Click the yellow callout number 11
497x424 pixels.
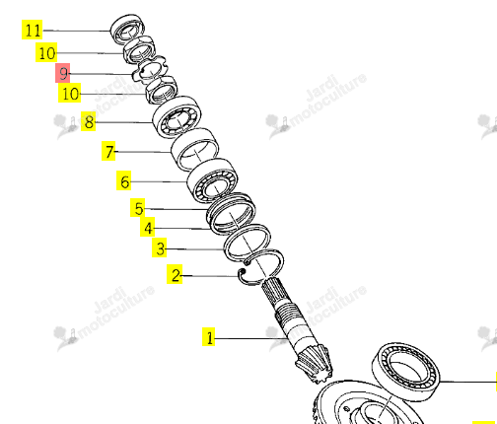[33, 30]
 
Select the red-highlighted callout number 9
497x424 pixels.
[63, 73]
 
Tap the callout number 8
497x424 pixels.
[89, 121]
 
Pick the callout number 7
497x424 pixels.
[108, 151]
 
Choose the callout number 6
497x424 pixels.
[124, 180]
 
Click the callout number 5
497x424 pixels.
[138, 208]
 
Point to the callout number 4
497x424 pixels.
[148, 227]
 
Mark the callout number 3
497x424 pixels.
[160, 247]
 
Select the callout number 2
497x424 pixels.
[175, 274]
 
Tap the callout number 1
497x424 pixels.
[209, 337]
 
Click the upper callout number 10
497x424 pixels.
[46, 52]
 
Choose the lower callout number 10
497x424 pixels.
[70, 93]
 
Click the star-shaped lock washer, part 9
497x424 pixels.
[149, 70]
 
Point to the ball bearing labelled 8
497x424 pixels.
[177, 117]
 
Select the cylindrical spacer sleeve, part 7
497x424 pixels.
[195, 150]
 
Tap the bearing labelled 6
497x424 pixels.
[212, 180]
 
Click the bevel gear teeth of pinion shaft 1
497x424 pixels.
[314, 364]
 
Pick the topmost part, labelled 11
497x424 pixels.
[127, 29]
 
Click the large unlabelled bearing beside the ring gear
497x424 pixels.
[405, 372]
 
